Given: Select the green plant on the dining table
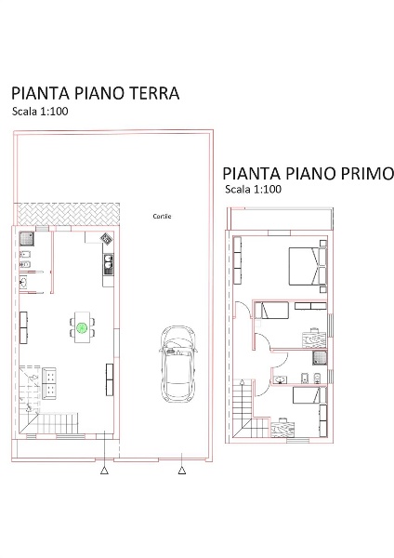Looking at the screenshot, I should tap(82, 327).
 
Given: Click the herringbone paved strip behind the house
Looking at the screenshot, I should tap(71, 213).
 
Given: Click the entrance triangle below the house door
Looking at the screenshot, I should tap(104, 472).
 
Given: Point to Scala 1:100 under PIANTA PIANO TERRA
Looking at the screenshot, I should tap(42, 111).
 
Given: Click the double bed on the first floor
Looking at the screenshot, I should tap(305, 267).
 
